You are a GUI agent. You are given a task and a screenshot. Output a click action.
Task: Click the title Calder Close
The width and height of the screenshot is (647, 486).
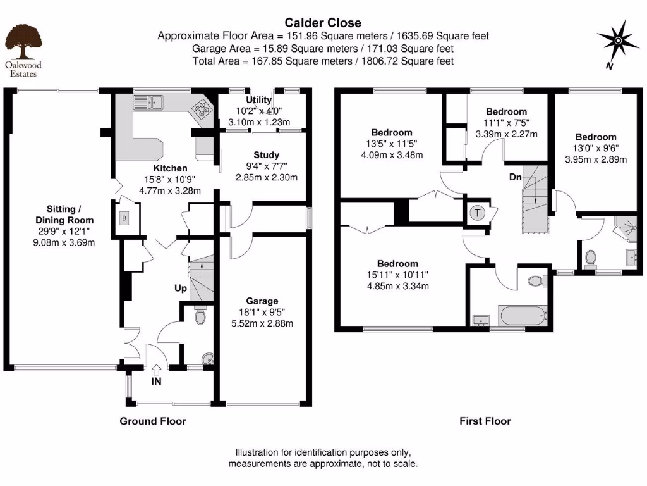tap(323, 23)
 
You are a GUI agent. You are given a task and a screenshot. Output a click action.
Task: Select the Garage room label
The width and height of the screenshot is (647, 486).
tap(262, 301)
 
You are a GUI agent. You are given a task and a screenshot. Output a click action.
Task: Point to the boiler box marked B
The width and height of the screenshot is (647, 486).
tap(124, 218)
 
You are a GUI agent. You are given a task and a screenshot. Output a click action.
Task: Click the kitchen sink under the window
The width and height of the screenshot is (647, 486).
tap(148, 101)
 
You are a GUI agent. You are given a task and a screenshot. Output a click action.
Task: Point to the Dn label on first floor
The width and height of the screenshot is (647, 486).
tap(516, 177)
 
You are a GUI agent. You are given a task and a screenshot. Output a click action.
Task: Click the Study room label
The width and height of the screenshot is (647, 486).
tap(266, 155)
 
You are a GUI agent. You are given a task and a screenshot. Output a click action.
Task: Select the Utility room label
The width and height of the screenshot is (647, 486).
tap(258, 100)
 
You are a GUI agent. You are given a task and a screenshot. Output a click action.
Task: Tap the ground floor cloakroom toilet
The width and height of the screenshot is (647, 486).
tap(201, 315)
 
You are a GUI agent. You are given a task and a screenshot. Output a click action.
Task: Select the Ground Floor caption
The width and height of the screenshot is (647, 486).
tap(153, 421)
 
